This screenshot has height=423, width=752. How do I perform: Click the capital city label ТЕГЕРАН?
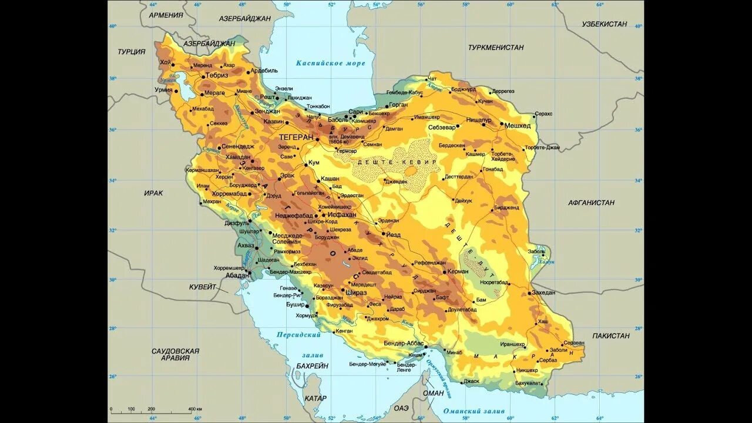pyautogui.click(x=296, y=137)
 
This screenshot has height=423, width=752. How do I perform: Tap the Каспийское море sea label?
pyautogui.click(x=330, y=63)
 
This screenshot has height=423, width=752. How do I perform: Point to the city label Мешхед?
pyautogui.click(x=518, y=126)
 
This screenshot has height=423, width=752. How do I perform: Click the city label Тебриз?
pyautogui.click(x=216, y=76)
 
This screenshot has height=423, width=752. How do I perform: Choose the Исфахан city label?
pyautogui.click(x=342, y=215)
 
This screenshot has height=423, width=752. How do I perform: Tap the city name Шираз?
pyautogui.click(x=356, y=293)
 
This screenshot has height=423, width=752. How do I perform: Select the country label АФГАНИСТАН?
pyautogui.click(x=591, y=203)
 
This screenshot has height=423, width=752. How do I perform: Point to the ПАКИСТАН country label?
pyautogui.click(x=610, y=336)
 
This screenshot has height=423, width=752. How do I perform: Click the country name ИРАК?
pyautogui.click(x=153, y=193)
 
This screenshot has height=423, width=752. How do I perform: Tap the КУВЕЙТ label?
pyautogui.click(x=203, y=287)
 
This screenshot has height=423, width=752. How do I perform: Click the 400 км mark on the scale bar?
pyautogui.click(x=195, y=409)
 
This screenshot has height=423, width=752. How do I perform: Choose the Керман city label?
pyautogui.click(x=457, y=271)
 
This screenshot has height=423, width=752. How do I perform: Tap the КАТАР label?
pyautogui.click(x=315, y=398)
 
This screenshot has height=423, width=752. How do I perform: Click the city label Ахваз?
pyautogui.click(x=246, y=245)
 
